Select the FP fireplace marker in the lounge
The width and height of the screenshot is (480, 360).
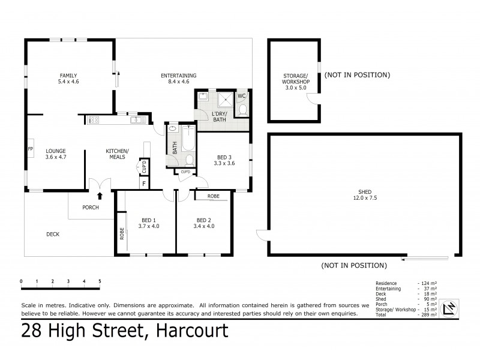coord(30,148)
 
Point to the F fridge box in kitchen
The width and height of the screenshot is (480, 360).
coord(144,184)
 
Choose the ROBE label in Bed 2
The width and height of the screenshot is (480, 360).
coord(213,196)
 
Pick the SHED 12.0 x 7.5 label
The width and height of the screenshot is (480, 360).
coord(364,196)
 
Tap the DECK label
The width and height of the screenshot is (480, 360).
coord(53,234)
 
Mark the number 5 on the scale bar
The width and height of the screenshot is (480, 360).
coord(100,281)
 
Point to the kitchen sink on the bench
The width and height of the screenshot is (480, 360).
coord(137,121)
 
